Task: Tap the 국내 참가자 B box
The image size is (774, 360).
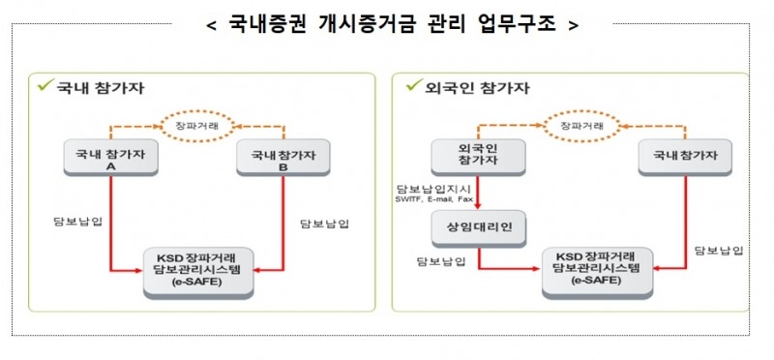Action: click(x=283, y=158)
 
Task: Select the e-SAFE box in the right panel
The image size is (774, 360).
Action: click(x=597, y=270)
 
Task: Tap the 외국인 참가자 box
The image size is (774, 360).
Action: click(x=478, y=157)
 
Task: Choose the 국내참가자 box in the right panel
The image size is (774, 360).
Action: click(x=684, y=157)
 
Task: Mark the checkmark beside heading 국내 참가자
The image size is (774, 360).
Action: click(x=43, y=86)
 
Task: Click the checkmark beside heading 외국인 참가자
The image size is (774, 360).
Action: click(x=411, y=86)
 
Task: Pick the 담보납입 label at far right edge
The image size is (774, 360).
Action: click(x=720, y=251)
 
